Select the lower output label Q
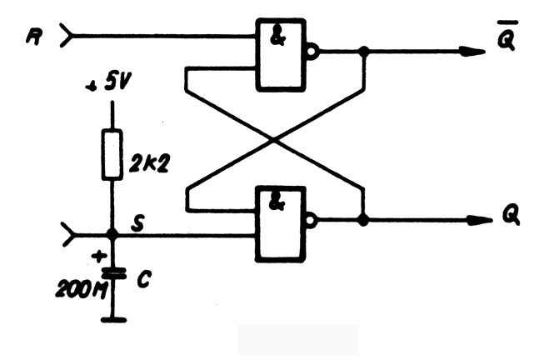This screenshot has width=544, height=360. pyautogui.click(x=510, y=216)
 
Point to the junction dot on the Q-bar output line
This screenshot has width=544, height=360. pyautogui.click(x=363, y=51)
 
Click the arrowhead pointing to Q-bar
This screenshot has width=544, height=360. pyautogui.click(x=473, y=51)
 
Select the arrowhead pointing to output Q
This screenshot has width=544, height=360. pyautogui.click(x=473, y=221)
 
